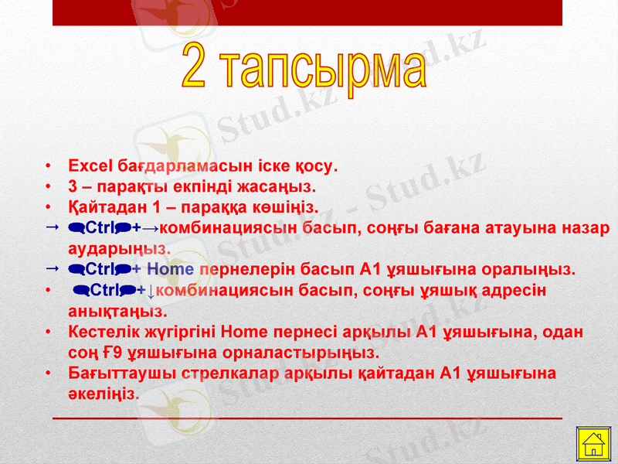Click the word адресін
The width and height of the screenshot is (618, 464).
click(x=519, y=291)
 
